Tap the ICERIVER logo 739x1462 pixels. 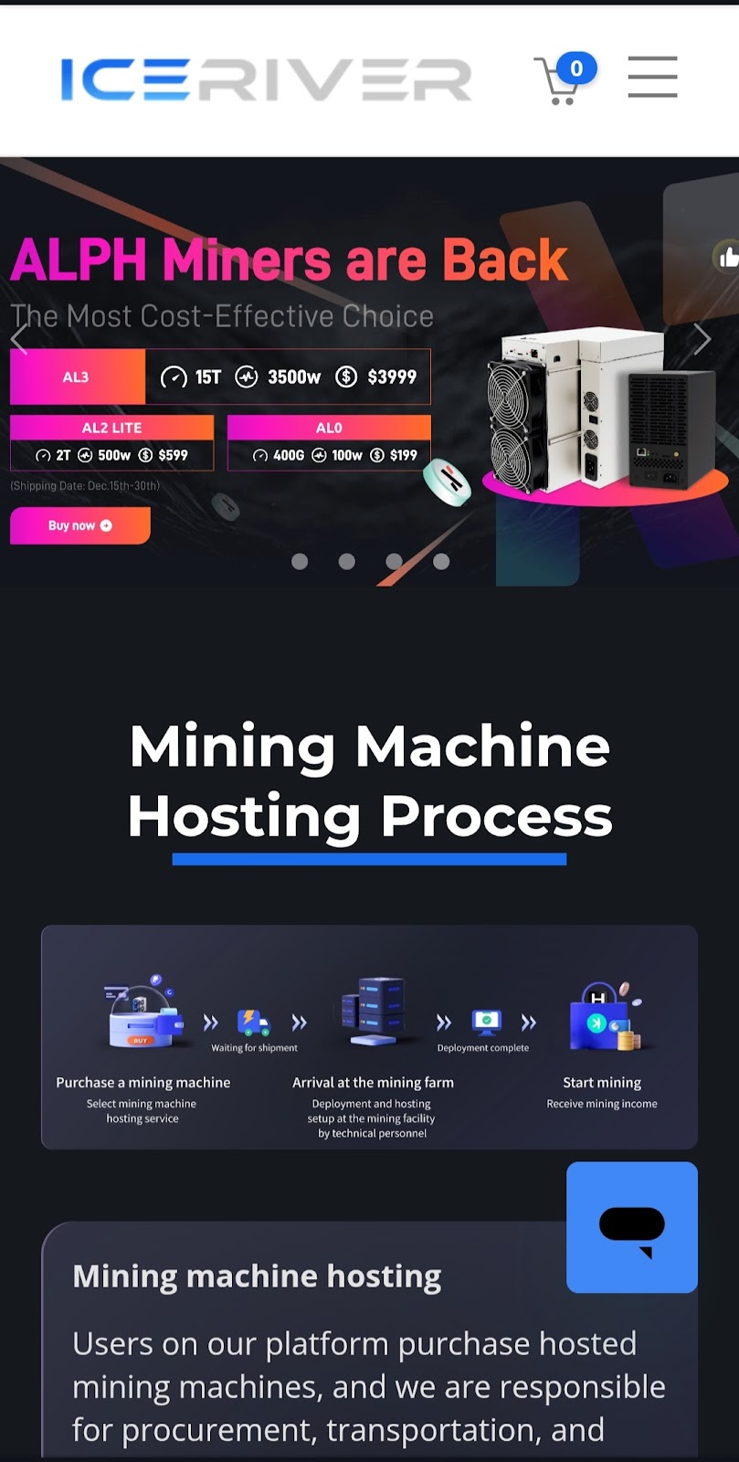click(x=266, y=79)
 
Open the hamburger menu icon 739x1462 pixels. click(x=652, y=76)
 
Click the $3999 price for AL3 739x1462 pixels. click(x=391, y=376)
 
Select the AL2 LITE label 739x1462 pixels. click(x=111, y=428)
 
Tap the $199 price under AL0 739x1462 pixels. click(x=403, y=455)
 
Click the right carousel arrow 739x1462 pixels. click(x=701, y=339)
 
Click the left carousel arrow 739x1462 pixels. click(x=19, y=339)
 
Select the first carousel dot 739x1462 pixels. click(x=300, y=561)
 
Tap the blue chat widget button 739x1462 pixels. click(x=631, y=1227)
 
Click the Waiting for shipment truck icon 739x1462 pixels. click(x=253, y=1022)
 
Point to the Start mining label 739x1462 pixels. click(x=601, y=1082)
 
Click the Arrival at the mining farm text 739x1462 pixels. click(x=373, y=1082)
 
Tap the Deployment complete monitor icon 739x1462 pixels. click(x=486, y=1021)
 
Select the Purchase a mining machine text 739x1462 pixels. click(x=143, y=1082)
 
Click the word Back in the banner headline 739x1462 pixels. click(x=504, y=260)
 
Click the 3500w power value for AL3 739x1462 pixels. click(x=293, y=376)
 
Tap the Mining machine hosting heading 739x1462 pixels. click(x=257, y=1276)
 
